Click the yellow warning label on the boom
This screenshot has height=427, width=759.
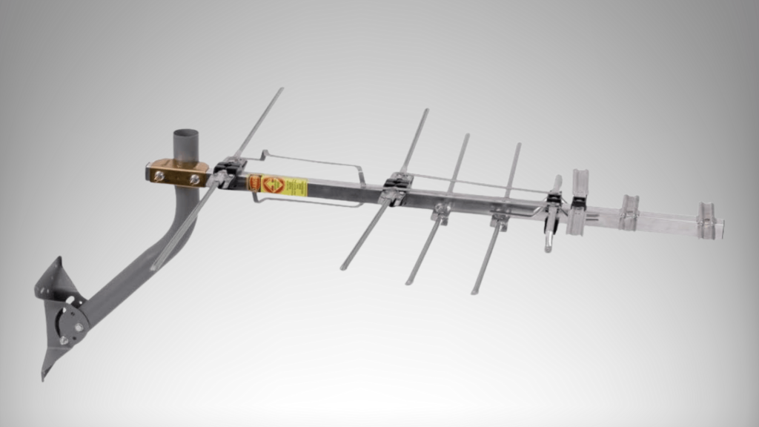(x=285, y=185)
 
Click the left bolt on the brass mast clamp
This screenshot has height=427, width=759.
(x=158, y=176)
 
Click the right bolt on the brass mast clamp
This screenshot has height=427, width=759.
(x=194, y=179)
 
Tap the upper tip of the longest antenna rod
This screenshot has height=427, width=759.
(x=281, y=90)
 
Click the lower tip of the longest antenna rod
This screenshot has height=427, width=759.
(x=153, y=267)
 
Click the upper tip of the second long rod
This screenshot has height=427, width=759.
(x=426, y=111)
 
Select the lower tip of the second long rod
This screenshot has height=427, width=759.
(x=343, y=267)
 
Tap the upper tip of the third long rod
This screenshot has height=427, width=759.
(x=467, y=136)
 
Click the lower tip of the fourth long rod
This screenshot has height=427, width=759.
(x=474, y=292)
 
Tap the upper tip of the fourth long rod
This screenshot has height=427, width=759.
(x=518, y=145)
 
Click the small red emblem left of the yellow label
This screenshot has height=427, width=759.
(x=254, y=183)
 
